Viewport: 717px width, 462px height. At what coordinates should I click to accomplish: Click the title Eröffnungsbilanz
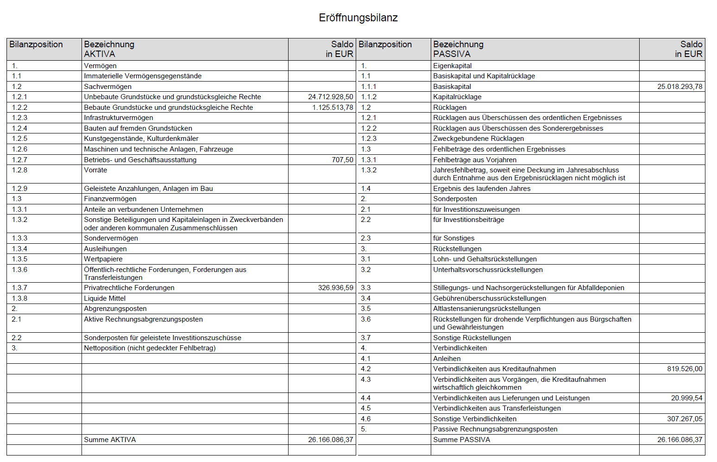tap(358, 18)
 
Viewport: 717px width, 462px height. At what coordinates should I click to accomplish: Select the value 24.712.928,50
tap(330, 97)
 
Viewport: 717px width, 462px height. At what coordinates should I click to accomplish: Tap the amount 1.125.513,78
tap(332, 108)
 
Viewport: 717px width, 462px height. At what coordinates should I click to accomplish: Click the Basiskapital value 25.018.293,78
tap(679, 87)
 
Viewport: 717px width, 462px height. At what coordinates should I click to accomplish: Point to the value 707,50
tap(342, 160)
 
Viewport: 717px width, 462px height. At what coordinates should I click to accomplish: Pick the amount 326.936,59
tap(335, 288)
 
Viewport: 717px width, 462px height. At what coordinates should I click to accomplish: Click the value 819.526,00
tap(685, 369)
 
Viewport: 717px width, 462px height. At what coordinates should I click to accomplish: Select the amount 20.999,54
tap(686, 398)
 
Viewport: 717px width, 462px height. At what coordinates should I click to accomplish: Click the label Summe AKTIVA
tap(110, 440)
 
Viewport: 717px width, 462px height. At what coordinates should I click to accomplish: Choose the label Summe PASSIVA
tap(461, 440)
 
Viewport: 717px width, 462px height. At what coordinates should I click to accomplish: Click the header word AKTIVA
tap(99, 54)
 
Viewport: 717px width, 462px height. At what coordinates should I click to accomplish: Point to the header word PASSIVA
tap(452, 54)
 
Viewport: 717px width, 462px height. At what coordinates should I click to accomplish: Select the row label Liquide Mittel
tap(105, 298)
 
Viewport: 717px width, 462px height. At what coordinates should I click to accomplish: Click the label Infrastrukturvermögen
tap(118, 118)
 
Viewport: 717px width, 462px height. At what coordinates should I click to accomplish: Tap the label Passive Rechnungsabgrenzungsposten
tap(495, 429)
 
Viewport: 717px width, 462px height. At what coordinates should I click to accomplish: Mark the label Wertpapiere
tap(103, 259)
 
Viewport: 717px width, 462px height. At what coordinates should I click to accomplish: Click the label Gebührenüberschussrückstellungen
tap(490, 298)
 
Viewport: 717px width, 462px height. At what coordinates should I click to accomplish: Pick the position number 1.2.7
tap(19, 160)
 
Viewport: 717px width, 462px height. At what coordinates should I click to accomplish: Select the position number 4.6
tap(366, 419)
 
